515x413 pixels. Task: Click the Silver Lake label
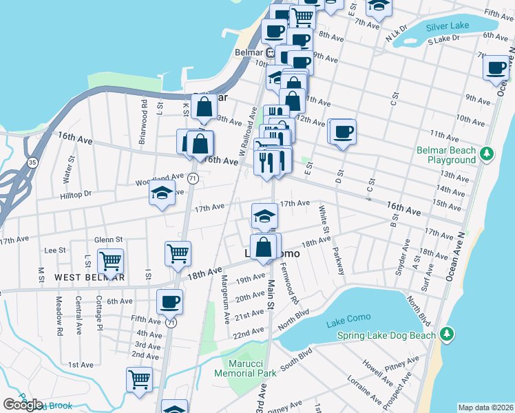coord(447,25)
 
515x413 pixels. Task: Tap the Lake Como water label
coord(348,317)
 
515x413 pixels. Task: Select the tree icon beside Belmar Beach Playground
coord(487,152)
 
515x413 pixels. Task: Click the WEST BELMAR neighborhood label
coord(90,277)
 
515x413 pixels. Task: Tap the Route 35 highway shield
coord(32,162)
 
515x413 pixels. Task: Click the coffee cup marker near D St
coord(342,132)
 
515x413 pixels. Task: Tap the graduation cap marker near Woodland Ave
coord(162,194)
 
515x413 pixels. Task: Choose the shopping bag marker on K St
coord(204,107)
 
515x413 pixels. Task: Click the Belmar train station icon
coord(271,52)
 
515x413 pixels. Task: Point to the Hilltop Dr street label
coord(76,195)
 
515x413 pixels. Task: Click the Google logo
coord(23,405)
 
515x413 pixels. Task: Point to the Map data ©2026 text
coord(485,407)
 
